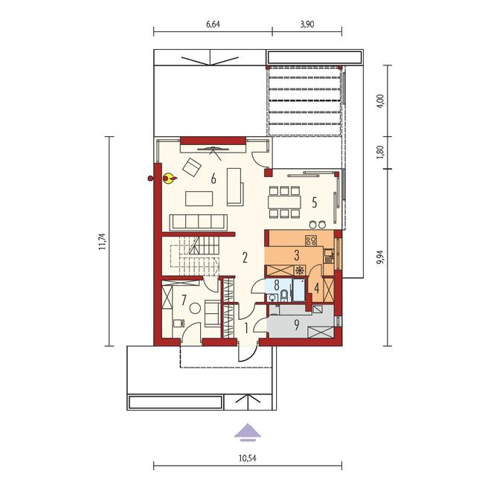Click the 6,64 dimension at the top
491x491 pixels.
[x=213, y=25]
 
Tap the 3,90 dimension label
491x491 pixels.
[x=307, y=25]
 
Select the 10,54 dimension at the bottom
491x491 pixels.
[x=248, y=458]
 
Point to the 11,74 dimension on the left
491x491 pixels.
[x=102, y=241]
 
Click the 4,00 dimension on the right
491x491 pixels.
[x=381, y=101]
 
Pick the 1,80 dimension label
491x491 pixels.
[x=381, y=153]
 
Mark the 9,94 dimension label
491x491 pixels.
[x=381, y=257]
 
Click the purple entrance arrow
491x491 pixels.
[x=248, y=432]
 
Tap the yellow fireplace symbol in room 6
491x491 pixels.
[x=170, y=179]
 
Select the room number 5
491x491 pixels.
[x=315, y=202]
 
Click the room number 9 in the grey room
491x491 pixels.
[x=296, y=325]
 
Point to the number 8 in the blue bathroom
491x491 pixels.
[x=277, y=286]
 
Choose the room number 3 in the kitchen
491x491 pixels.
[x=297, y=255]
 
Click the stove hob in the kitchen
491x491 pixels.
[x=311, y=240]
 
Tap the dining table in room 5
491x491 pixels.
[x=284, y=202]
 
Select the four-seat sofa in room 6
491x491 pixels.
[x=199, y=222]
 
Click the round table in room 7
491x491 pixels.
[x=195, y=309]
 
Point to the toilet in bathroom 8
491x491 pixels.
[x=284, y=295]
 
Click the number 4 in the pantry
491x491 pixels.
[x=317, y=288]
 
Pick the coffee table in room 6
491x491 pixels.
[x=199, y=199]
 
